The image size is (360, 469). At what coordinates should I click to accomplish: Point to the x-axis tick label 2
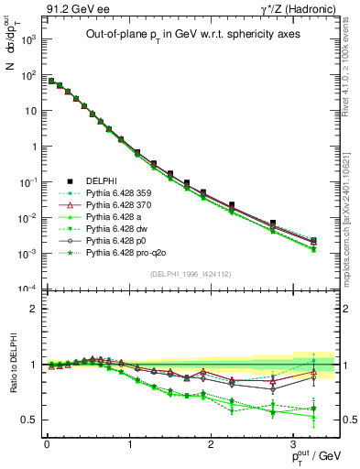pos(211,443)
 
